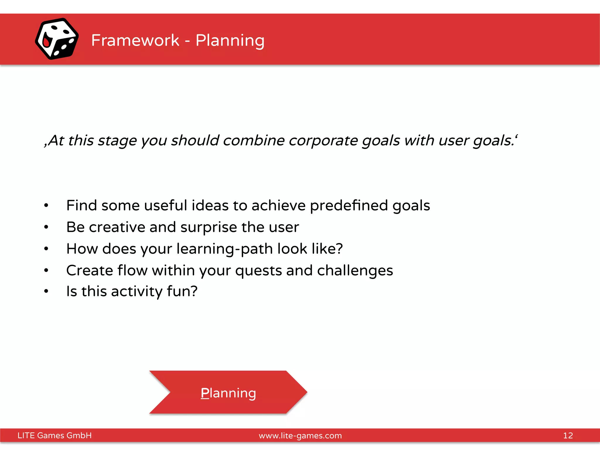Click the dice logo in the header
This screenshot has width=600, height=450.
(57, 39)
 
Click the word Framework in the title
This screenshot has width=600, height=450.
(135, 40)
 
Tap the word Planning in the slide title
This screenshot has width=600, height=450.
(230, 40)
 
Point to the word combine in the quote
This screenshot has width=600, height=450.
(254, 140)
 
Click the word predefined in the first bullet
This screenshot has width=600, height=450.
(349, 205)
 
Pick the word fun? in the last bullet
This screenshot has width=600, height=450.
(182, 291)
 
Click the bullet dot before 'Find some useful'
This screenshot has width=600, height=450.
(46, 205)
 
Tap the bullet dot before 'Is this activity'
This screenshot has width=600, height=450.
(46, 291)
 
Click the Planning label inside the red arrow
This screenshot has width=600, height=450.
(228, 393)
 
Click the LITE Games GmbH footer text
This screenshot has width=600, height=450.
(54, 435)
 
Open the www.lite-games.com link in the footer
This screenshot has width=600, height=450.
(300, 436)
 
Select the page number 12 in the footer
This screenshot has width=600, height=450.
(568, 435)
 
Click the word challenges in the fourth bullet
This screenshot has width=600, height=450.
(355, 270)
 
